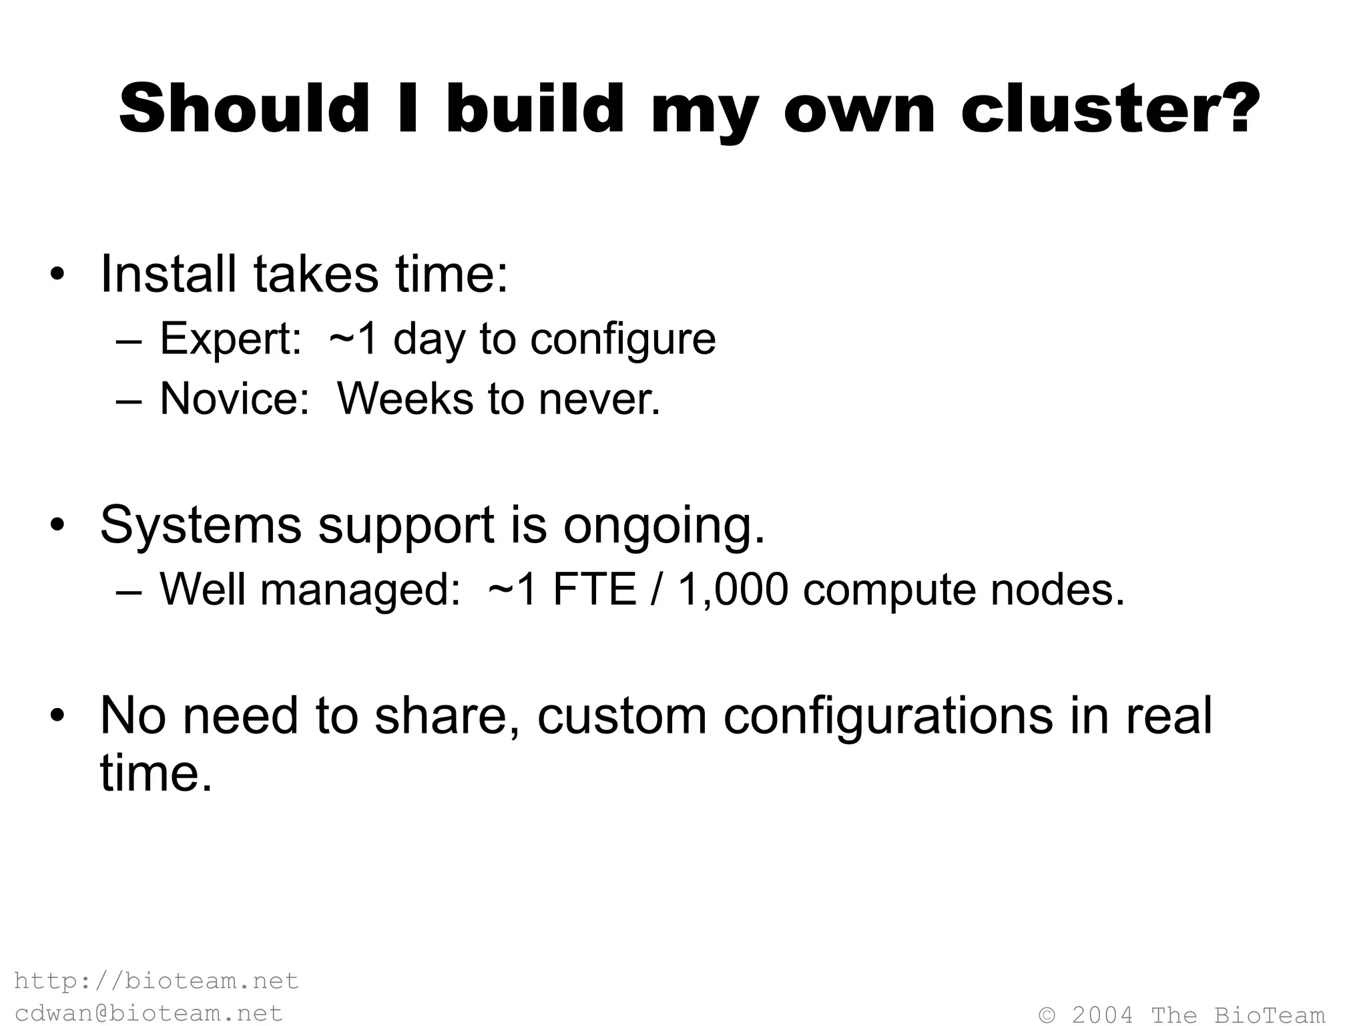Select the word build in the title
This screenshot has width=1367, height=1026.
(534, 109)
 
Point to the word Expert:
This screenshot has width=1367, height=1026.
(231, 339)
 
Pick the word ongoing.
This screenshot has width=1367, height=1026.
(663, 526)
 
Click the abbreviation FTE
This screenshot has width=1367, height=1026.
(594, 589)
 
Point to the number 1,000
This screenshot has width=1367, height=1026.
(733, 589)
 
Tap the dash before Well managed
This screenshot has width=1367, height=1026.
(128, 590)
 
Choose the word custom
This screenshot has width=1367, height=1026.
(621, 716)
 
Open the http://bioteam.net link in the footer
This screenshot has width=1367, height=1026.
(156, 981)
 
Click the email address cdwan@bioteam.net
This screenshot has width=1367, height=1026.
(148, 1013)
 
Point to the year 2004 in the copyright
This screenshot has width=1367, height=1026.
(1102, 1015)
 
